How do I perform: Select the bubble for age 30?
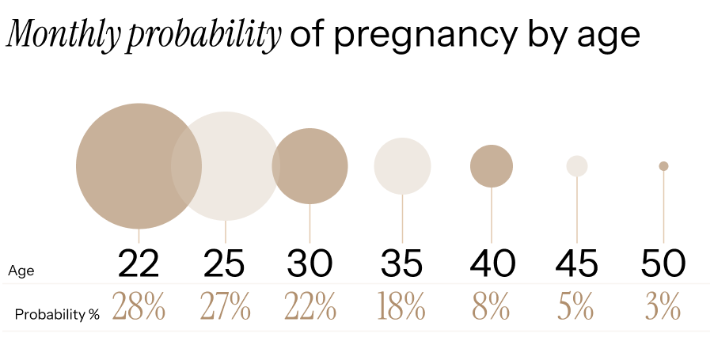[310, 166]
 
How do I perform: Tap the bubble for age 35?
[402, 166]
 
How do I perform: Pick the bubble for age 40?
[492, 166]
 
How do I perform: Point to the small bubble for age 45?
[577, 165]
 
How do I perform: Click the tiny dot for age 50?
[663, 165]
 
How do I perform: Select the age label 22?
[139, 263]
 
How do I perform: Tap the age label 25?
[226, 263]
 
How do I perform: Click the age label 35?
[402, 263]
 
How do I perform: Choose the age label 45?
[577, 263]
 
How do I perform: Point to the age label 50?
[663, 263]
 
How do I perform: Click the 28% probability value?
[139, 307]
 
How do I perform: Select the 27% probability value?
[226, 307]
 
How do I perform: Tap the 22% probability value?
[310, 307]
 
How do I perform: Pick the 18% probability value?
[402, 307]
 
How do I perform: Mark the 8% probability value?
[492, 307]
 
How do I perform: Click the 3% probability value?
[663, 307]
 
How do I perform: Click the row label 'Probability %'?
[57, 314]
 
